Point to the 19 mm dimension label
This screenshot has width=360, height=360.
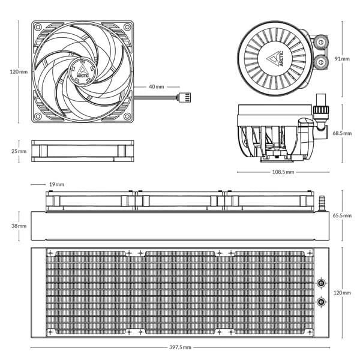tap(56, 184)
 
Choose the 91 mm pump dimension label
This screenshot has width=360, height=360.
tap(343, 59)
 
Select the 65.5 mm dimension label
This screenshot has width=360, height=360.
tap(342, 215)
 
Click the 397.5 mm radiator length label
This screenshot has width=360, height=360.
tap(180, 348)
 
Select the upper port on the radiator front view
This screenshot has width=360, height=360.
tap(322, 283)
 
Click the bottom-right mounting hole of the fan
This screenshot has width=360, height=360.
tap(125, 115)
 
